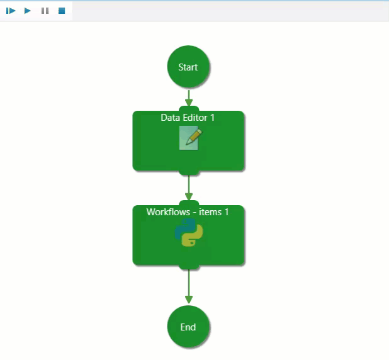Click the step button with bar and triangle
(x=11, y=11)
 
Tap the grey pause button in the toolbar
(x=45, y=11)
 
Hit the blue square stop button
(x=62, y=11)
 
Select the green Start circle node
(x=188, y=67)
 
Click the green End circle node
(x=188, y=327)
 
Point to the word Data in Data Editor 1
(x=170, y=118)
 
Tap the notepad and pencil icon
(x=189, y=138)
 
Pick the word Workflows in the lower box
(x=167, y=212)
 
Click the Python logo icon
(x=188, y=235)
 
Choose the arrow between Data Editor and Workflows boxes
(x=188, y=188)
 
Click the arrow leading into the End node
(x=188, y=288)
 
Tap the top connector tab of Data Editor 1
(x=188, y=110)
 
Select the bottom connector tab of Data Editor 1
(x=188, y=171)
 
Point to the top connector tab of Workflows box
(x=188, y=203)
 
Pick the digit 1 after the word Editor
(x=213, y=118)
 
